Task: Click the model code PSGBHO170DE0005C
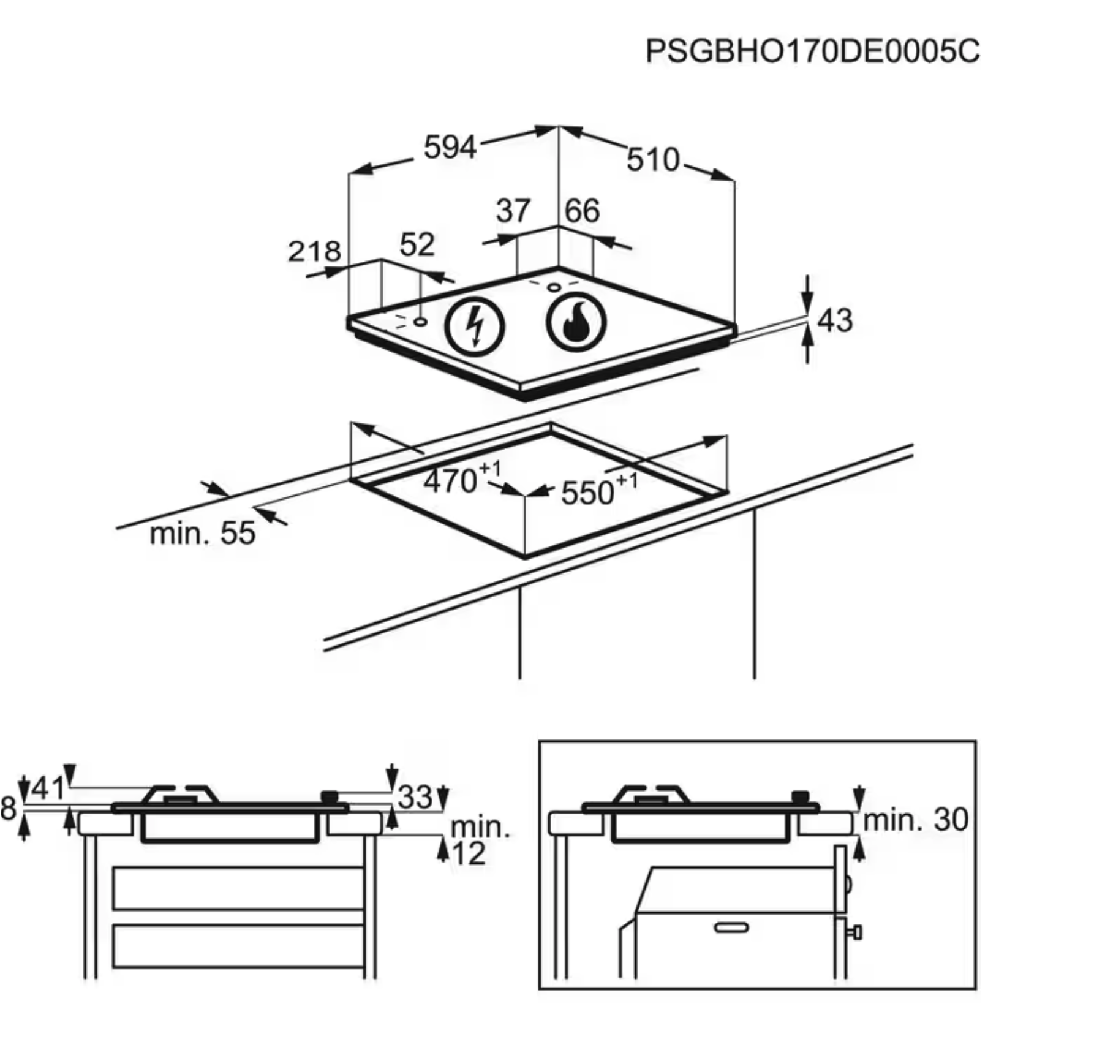(812, 51)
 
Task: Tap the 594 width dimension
(450, 148)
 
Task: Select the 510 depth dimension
(653, 160)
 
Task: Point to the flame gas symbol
(576, 322)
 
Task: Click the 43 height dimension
(834, 320)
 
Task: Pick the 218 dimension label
(314, 252)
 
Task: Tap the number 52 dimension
(417, 245)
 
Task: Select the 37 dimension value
(513, 211)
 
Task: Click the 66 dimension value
(582, 211)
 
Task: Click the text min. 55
(202, 534)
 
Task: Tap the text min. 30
(915, 820)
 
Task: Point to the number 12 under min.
(469, 853)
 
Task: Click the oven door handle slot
(731, 928)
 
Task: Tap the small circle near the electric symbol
(421, 321)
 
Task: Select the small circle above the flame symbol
(554, 287)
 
